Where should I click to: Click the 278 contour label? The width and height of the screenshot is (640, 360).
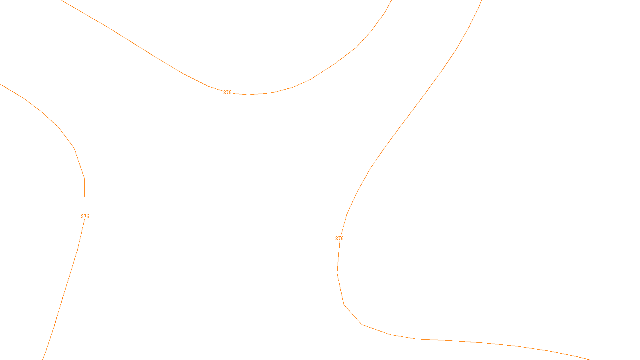[227, 92]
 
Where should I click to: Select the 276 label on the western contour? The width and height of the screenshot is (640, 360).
[85, 216]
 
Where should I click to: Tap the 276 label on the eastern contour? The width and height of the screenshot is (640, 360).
[339, 238]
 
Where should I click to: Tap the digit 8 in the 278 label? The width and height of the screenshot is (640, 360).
[230, 92]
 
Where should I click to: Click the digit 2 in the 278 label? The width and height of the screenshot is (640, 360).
[225, 92]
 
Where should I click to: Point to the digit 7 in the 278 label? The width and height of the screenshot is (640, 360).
[227, 92]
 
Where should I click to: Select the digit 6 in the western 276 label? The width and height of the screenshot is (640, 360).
[88, 216]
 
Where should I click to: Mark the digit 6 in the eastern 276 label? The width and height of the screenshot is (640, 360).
[342, 238]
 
